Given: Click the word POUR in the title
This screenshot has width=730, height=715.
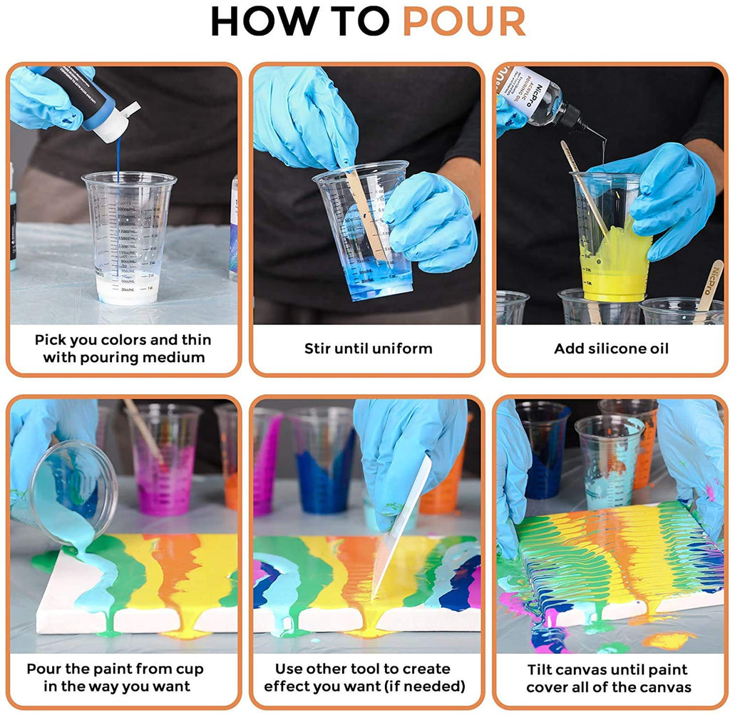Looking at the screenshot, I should click(x=464, y=23).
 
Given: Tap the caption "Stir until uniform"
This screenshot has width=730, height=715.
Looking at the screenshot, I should click(x=368, y=349).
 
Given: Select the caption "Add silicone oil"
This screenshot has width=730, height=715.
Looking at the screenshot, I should click(x=611, y=349).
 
